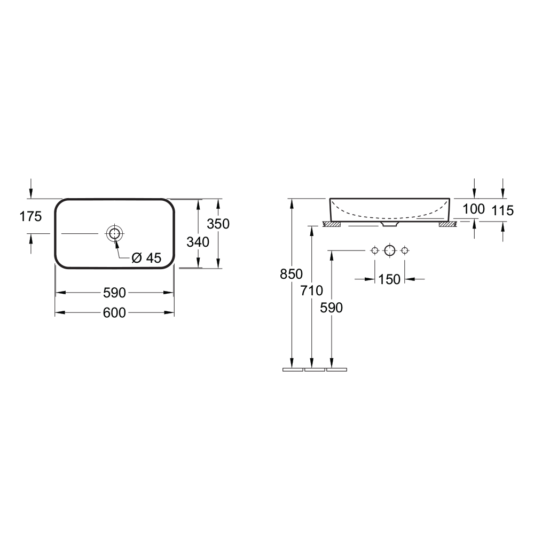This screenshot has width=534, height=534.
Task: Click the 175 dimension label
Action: (x=30, y=217)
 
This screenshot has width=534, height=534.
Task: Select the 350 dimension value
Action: (x=218, y=224)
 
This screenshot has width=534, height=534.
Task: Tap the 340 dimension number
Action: (x=198, y=242)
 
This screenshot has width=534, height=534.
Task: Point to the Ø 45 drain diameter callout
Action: (x=146, y=258)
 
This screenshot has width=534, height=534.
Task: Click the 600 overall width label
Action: (x=114, y=312)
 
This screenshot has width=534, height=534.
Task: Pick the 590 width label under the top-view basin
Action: (x=114, y=293)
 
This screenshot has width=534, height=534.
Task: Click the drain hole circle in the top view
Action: (x=114, y=234)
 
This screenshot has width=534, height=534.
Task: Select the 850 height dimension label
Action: (x=291, y=274)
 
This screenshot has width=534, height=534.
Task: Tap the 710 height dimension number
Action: (x=312, y=291)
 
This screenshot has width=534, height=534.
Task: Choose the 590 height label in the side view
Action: (x=332, y=308)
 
